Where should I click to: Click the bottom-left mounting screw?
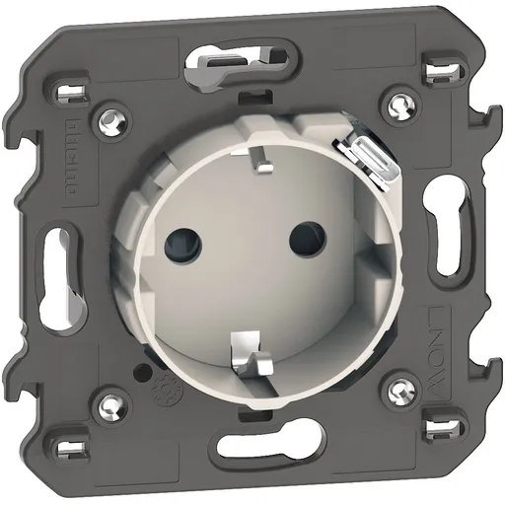[109, 401]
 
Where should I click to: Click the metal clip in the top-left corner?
[70, 95]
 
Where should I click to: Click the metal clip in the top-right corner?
[441, 72]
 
